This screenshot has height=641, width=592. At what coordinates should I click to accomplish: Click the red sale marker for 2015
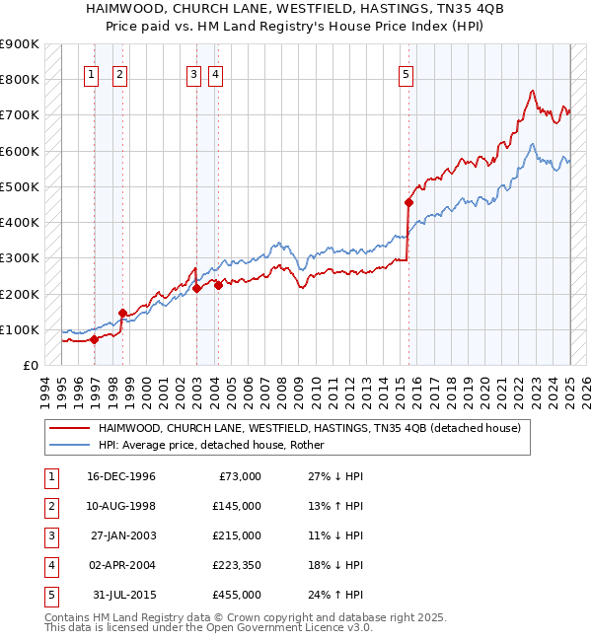(x=408, y=202)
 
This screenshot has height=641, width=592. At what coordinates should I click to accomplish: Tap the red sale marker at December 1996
(x=95, y=339)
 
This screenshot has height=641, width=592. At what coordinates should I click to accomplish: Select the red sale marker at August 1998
(x=123, y=314)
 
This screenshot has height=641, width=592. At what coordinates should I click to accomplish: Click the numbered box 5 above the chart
(x=407, y=72)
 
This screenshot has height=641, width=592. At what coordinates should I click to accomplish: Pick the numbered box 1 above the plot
(x=91, y=72)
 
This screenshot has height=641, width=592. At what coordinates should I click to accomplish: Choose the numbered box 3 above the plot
(x=194, y=72)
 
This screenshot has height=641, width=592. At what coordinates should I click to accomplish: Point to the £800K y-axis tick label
(x=19, y=79)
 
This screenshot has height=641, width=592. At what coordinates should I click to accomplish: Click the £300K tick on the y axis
(x=19, y=258)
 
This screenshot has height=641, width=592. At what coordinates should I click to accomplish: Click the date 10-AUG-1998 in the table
(x=122, y=506)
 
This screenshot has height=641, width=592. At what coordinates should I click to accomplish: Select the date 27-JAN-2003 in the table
(x=122, y=535)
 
